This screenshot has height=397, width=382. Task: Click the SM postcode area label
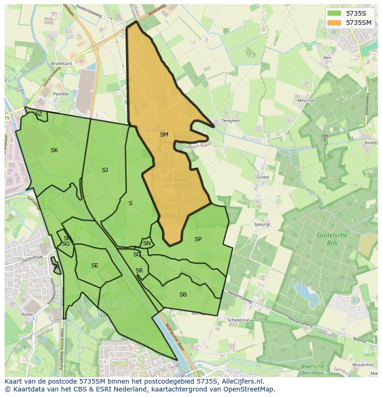pyautogui.click(x=164, y=135)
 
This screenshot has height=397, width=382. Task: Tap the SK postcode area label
pyautogui.click(x=54, y=150)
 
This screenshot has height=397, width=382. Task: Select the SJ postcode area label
pyautogui.click(x=105, y=170)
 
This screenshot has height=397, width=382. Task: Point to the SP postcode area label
pyautogui.click(x=198, y=239)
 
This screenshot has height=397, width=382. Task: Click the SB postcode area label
pyautogui.click(x=183, y=295)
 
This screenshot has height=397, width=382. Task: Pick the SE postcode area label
pyautogui.click(x=95, y=266)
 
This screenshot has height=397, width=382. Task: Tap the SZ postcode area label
pyautogui.click(x=39, y=114)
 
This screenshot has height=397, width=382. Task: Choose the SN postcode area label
pyautogui.click(x=147, y=243)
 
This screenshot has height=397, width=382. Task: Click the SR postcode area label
pyautogui.click(x=139, y=271)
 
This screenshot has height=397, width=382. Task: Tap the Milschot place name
pyautogui.click(x=306, y=101)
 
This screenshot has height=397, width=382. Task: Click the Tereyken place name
pyautogui.click(x=231, y=121)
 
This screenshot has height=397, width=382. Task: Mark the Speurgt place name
pyautogui.click(x=261, y=225)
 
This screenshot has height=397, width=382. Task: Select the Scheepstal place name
pyautogui.click(x=239, y=320)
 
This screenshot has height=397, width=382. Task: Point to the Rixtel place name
pyautogui.click(x=27, y=314)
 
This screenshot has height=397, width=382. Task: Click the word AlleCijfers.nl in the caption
pyautogui.click(x=241, y=381)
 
